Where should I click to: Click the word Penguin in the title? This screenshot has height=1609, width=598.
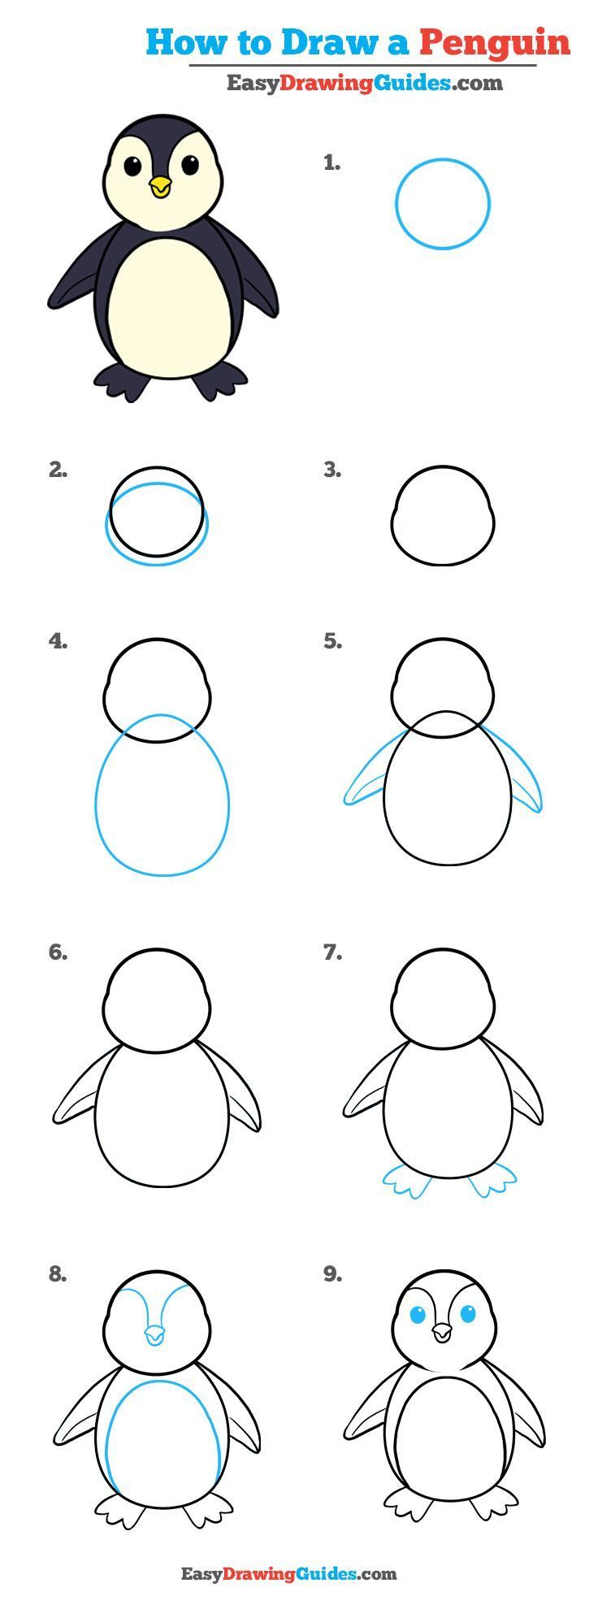[495, 42]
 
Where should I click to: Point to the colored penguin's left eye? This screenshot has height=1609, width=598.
[132, 166]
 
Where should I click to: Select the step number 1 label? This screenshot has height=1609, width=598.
[331, 163]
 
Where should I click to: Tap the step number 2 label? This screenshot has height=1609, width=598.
[58, 470]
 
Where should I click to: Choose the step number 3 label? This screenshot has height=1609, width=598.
[332, 470]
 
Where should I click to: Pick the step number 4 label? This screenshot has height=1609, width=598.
[58, 641]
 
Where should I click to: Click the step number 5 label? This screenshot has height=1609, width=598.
[332, 641]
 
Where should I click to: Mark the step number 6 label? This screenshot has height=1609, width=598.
[58, 952]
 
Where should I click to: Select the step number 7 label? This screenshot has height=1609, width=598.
[332, 952]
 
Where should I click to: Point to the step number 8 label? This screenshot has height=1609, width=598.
[58, 1274]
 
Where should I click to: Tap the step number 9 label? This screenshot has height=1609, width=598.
[332, 1274]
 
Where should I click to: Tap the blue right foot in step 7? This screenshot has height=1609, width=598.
[492, 1180]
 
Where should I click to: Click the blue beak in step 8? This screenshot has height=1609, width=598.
[154, 1334]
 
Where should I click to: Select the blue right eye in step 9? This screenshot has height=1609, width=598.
[469, 1314]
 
